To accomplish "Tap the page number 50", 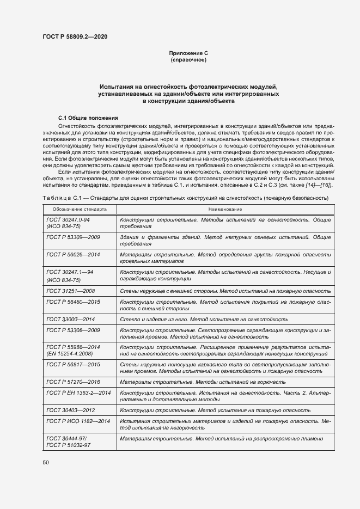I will point(46,463).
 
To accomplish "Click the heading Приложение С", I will point(188,53).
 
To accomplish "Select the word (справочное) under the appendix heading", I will point(188,59).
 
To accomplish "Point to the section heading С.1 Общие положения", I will point(88,118).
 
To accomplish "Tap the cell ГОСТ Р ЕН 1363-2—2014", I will point(78,393).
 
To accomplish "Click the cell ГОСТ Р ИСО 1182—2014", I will point(78,421).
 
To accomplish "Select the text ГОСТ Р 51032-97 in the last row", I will point(69,445).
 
